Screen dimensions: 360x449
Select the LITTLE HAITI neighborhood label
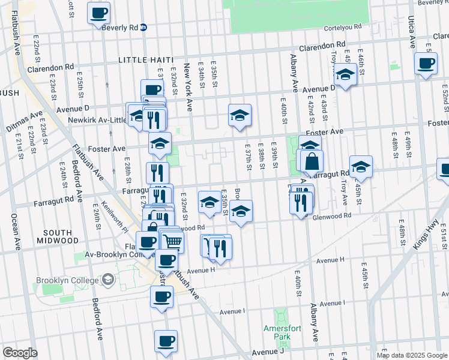pos(146,60)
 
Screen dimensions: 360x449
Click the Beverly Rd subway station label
pos(121,28)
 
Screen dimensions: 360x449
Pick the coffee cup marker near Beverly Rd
pos(99,12)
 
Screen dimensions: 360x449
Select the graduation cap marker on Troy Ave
pos(345,74)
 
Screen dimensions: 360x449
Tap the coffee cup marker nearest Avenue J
pos(166,341)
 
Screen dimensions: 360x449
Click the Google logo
pos(19,353)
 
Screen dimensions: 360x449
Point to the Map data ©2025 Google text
pos(411,355)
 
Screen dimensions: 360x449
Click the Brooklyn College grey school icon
pos(107,280)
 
